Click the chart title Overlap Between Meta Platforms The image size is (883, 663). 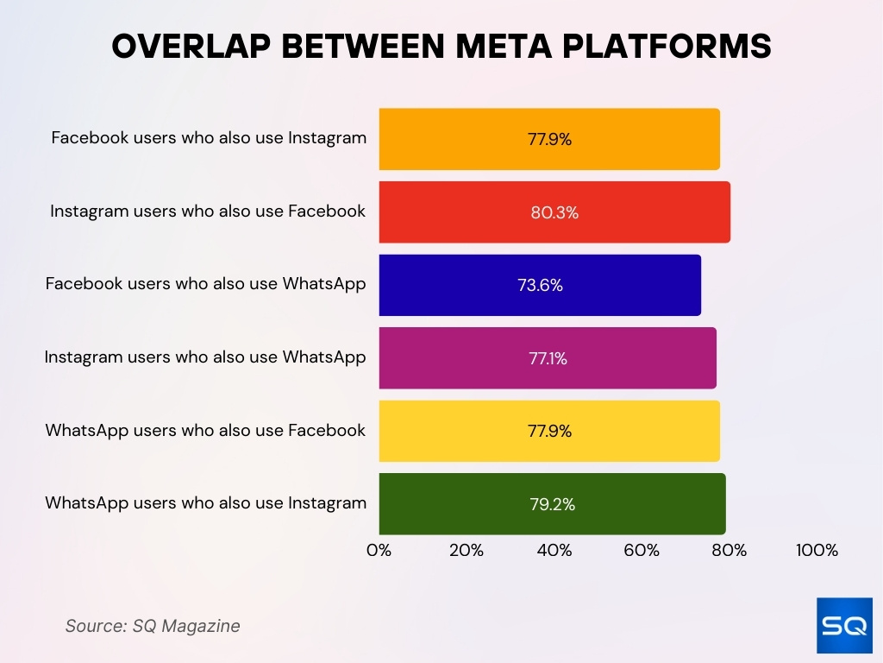click(441, 47)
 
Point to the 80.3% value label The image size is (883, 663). click(554, 212)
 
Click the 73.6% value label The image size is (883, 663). click(540, 286)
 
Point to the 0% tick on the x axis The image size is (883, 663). click(379, 551)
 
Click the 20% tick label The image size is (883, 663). click(467, 551)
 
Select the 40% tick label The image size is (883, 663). click(554, 551)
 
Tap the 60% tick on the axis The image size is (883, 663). click(642, 551)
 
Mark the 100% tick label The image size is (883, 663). click(817, 551)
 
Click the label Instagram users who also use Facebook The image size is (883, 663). click(208, 212)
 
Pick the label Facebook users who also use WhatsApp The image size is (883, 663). click(206, 284)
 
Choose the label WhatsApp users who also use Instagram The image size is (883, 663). click(206, 503)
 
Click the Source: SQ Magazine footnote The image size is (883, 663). click(153, 626)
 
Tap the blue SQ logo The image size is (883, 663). click(844, 625)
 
